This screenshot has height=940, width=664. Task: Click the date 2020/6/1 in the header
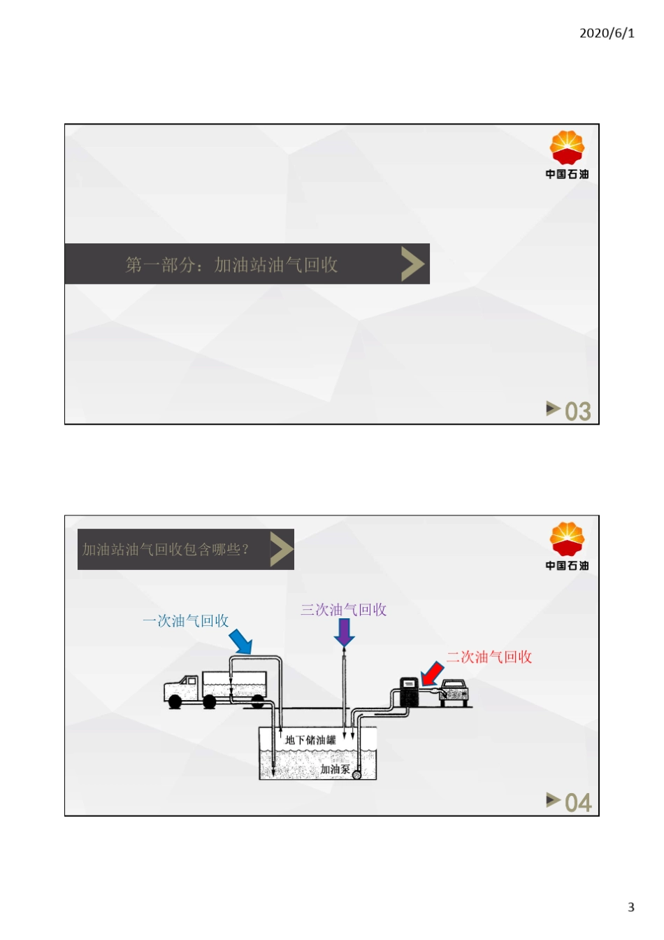(607, 33)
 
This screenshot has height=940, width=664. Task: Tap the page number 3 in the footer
(631, 907)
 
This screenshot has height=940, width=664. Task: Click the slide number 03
(577, 411)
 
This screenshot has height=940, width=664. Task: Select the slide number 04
(578, 803)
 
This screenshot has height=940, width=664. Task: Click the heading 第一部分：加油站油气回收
(231, 265)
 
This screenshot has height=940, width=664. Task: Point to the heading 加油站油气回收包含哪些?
(165, 549)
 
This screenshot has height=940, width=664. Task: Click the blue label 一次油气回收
(185, 620)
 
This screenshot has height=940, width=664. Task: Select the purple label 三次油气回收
(344, 609)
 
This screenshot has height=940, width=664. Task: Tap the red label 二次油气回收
(489, 657)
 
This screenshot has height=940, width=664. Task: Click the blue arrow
(240, 641)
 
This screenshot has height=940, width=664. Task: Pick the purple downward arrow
(345, 633)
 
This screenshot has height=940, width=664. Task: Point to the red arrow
(432, 674)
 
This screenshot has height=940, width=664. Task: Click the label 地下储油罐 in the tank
(310, 740)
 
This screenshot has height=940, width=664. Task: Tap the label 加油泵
(335, 769)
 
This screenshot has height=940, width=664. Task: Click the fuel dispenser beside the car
(409, 692)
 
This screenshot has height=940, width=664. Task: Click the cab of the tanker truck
(181, 689)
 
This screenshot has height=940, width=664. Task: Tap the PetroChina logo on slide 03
(567, 155)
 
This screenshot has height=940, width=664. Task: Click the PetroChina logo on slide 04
(567, 546)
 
